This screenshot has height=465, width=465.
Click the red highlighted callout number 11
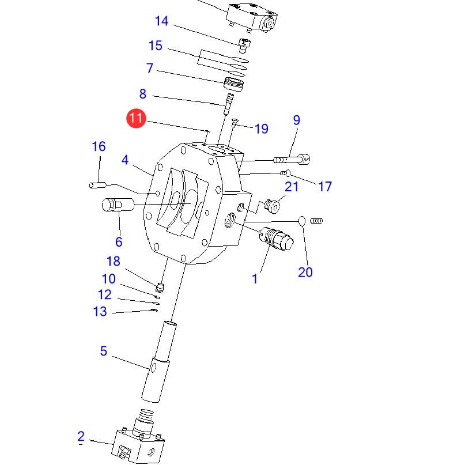click(x=136, y=119)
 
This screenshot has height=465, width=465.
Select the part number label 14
click(x=161, y=21)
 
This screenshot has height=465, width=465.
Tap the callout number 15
click(x=155, y=46)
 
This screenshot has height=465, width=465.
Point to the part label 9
click(x=296, y=120)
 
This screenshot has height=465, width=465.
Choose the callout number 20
click(x=305, y=272)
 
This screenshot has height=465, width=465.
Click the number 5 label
click(x=104, y=351)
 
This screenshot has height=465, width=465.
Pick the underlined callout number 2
click(x=81, y=436)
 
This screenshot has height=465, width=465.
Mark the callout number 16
click(x=99, y=146)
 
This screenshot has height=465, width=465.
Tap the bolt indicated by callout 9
click(x=293, y=158)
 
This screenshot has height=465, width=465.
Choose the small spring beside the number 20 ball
click(x=316, y=220)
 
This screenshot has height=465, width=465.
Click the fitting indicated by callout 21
click(x=274, y=205)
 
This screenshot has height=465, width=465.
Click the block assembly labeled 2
click(x=139, y=445)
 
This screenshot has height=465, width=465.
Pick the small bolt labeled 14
click(x=244, y=43)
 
